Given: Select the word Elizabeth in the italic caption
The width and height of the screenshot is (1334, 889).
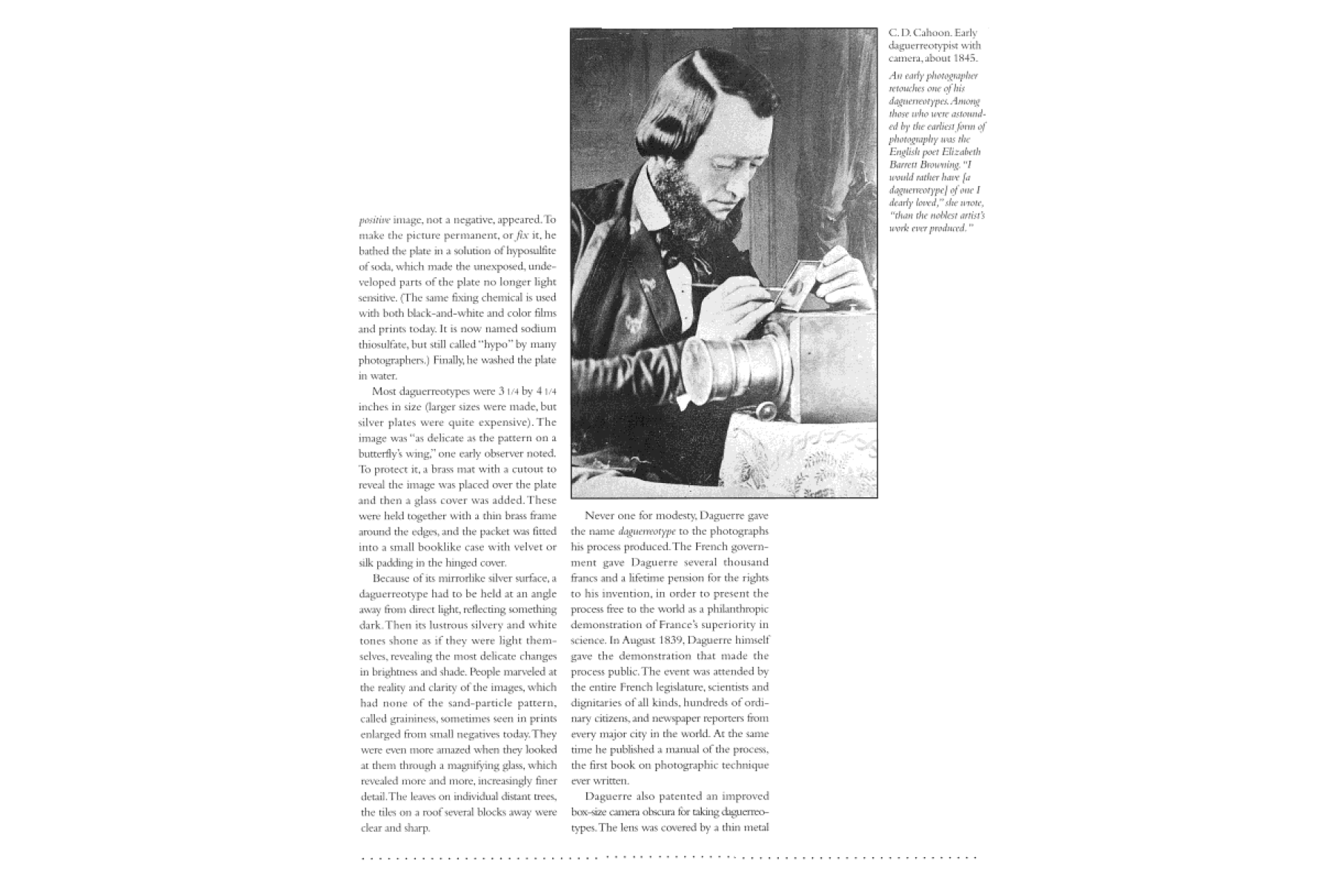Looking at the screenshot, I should tap(961, 152).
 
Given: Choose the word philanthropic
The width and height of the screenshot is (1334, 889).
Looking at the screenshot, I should tap(733, 610).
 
